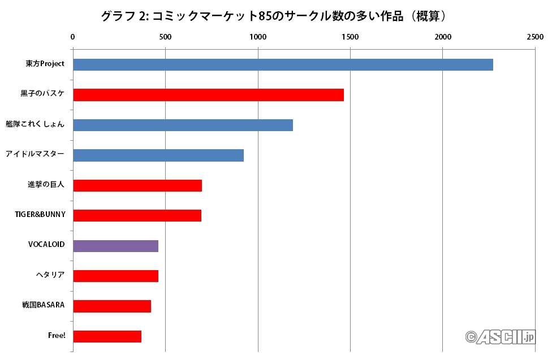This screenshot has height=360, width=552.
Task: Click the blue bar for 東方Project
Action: [x=283, y=64]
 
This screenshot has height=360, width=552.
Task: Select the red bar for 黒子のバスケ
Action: [x=208, y=95]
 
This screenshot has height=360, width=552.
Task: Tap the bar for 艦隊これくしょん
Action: [x=183, y=125]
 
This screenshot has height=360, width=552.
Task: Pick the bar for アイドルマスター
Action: [x=158, y=155]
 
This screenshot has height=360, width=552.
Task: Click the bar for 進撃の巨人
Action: [x=137, y=185]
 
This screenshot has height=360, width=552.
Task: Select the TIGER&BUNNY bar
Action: [x=137, y=215]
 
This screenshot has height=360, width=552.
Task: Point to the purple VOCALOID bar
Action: [x=115, y=246]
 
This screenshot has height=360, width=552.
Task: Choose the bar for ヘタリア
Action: [x=115, y=276]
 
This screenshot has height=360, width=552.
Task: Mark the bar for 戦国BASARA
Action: [x=112, y=306]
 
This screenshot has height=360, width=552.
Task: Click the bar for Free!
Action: [x=107, y=336]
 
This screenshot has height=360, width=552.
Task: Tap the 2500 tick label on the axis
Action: [x=534, y=37]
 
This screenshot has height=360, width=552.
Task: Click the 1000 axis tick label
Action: [x=257, y=37]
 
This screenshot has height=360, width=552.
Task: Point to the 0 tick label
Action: [x=72, y=37]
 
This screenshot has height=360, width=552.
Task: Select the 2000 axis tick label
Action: [x=442, y=37]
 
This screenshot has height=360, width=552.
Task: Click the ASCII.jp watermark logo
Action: [x=500, y=337]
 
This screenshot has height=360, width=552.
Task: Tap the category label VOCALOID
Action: [x=46, y=245]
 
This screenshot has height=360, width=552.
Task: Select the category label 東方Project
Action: [x=45, y=63]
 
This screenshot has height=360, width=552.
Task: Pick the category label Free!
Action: [x=57, y=336]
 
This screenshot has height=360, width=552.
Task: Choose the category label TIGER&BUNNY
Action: [x=40, y=215]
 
